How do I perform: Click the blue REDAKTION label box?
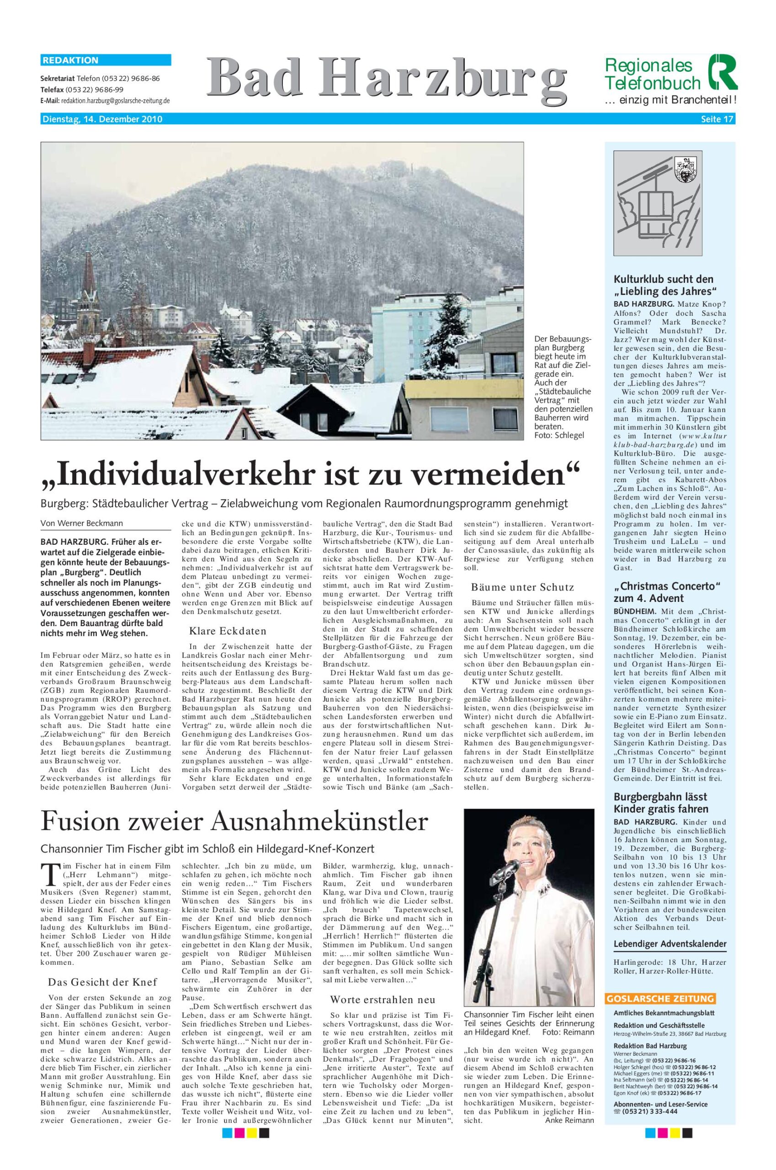point(106,60)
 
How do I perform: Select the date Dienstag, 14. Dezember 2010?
point(102,119)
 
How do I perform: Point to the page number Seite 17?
point(717,119)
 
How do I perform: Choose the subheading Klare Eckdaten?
point(228,631)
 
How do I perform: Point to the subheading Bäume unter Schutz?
point(523,587)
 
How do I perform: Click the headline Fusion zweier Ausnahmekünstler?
point(234,821)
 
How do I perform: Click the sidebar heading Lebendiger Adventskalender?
point(670,944)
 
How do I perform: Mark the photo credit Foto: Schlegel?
point(559,435)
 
